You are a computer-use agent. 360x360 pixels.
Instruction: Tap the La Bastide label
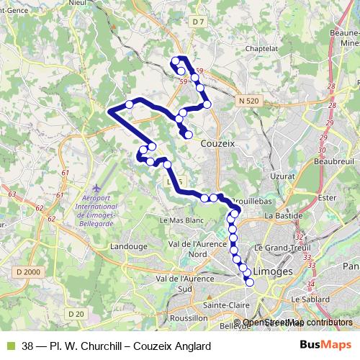281,215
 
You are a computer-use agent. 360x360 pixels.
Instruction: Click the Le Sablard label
310,298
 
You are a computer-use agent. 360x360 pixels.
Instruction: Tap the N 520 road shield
247,102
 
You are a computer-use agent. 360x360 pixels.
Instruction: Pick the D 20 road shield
76,313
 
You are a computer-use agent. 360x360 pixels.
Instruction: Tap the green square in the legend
9,345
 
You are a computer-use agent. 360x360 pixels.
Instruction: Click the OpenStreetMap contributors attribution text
297,323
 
